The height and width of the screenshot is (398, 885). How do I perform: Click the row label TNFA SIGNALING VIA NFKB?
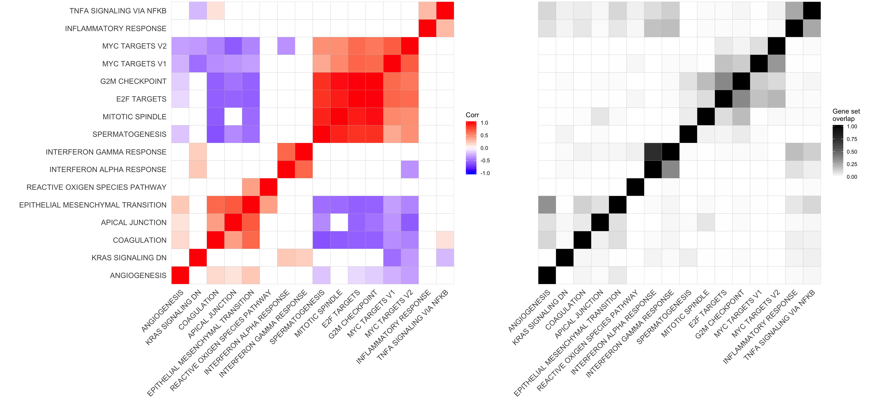(118, 11)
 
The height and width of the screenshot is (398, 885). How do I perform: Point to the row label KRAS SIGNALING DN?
(129, 258)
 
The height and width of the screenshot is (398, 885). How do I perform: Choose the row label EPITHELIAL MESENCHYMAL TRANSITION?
(93, 205)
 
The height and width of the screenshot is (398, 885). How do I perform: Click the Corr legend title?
(472, 115)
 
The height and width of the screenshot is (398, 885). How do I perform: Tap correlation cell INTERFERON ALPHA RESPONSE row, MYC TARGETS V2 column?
(410, 169)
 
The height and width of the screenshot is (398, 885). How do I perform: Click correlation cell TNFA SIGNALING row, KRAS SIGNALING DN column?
(198, 11)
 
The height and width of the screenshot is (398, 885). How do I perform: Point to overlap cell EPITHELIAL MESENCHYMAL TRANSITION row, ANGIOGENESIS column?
(547, 205)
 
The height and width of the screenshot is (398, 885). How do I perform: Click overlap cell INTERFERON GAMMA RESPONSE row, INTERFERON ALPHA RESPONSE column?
(653, 152)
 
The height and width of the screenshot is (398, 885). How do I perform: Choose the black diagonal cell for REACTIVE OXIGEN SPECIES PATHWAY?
(635, 187)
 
